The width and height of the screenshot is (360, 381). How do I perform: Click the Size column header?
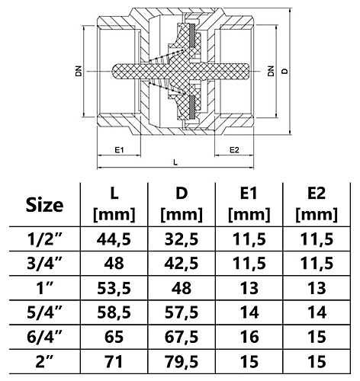[43, 205]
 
